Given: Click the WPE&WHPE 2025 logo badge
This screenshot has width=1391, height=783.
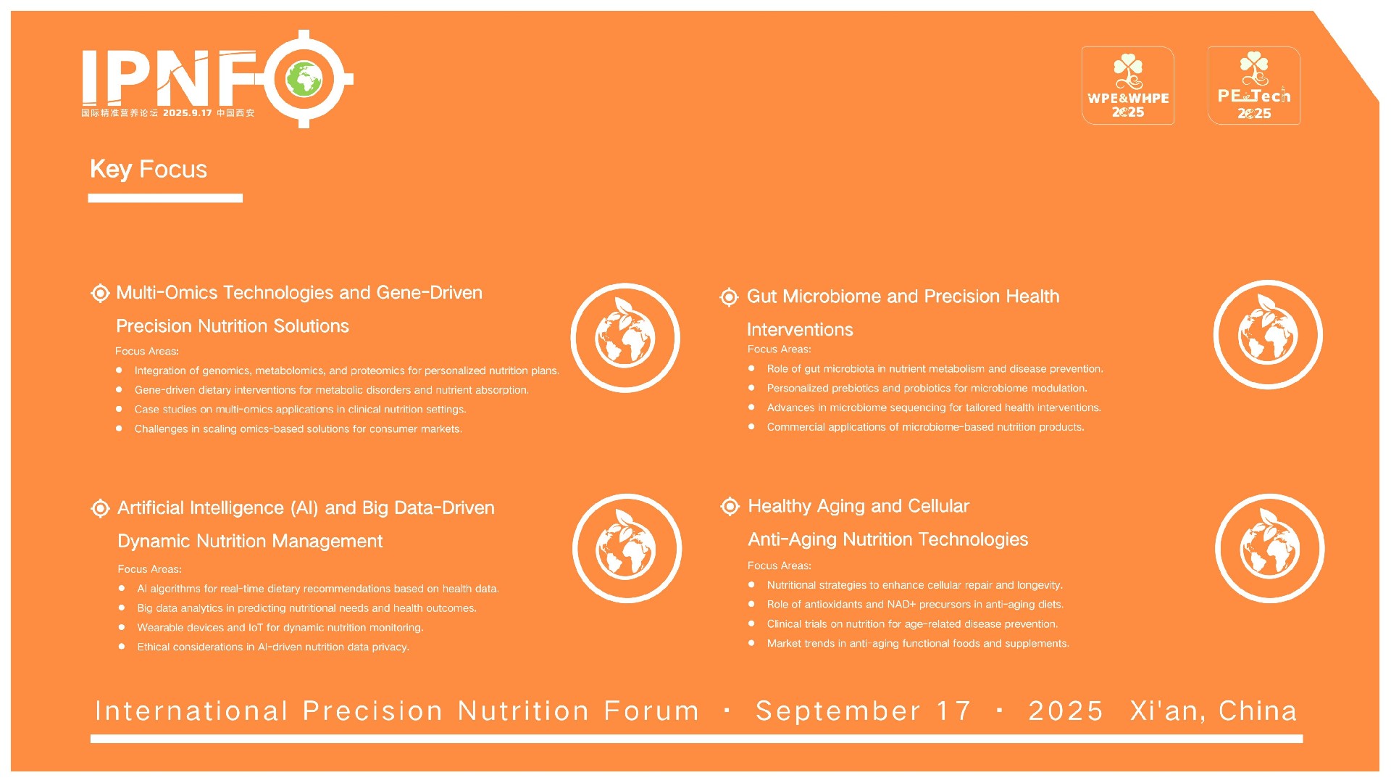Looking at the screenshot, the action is (1128, 86).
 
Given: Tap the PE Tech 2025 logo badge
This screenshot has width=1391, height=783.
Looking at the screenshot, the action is (1254, 86).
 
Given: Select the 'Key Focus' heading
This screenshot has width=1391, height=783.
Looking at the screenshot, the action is (149, 169).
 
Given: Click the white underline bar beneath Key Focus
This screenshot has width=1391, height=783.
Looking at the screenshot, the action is (165, 198).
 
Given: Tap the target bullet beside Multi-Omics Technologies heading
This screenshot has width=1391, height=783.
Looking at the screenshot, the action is (100, 293).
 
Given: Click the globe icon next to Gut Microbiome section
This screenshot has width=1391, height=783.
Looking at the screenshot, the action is (1268, 335).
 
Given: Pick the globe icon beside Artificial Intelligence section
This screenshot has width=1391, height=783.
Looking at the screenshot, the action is (627, 548).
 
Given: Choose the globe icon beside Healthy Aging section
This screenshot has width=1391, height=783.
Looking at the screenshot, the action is (1269, 548).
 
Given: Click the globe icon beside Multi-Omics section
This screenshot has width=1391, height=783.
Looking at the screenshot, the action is (625, 338).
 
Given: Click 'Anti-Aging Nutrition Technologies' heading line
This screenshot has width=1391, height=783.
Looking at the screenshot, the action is (887, 539).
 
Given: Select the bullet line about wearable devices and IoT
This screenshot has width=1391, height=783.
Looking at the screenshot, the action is (280, 628).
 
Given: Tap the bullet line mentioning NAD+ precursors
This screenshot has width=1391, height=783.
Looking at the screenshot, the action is (915, 605).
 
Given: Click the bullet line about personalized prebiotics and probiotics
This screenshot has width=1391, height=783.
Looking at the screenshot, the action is (927, 389).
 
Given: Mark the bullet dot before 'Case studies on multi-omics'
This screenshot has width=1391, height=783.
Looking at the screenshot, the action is (119, 409).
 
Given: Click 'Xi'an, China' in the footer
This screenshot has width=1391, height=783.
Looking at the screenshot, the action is (1214, 710).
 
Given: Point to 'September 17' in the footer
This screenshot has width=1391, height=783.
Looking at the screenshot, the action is (863, 710).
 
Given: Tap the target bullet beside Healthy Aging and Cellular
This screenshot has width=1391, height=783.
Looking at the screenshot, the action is (730, 506).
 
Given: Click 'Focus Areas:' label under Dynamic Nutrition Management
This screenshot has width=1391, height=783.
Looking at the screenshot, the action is (149, 569).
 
